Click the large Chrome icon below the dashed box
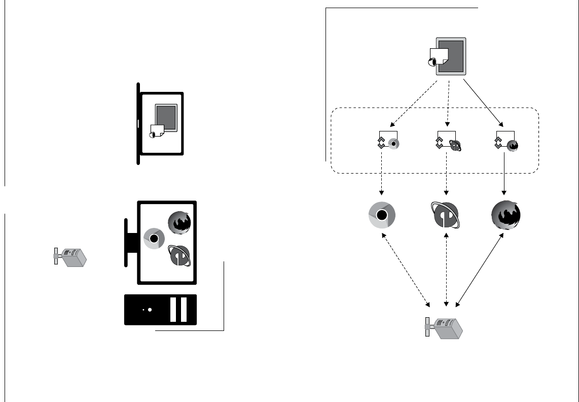pyautogui.click(x=382, y=215)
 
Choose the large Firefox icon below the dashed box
pyautogui.click(x=505, y=215)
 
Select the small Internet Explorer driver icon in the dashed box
pyautogui.click(x=455, y=145)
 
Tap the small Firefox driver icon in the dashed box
pyautogui.click(x=513, y=145)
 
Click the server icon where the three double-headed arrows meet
pyautogui.click(x=444, y=328)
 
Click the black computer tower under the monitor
pyautogui.click(x=160, y=309)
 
